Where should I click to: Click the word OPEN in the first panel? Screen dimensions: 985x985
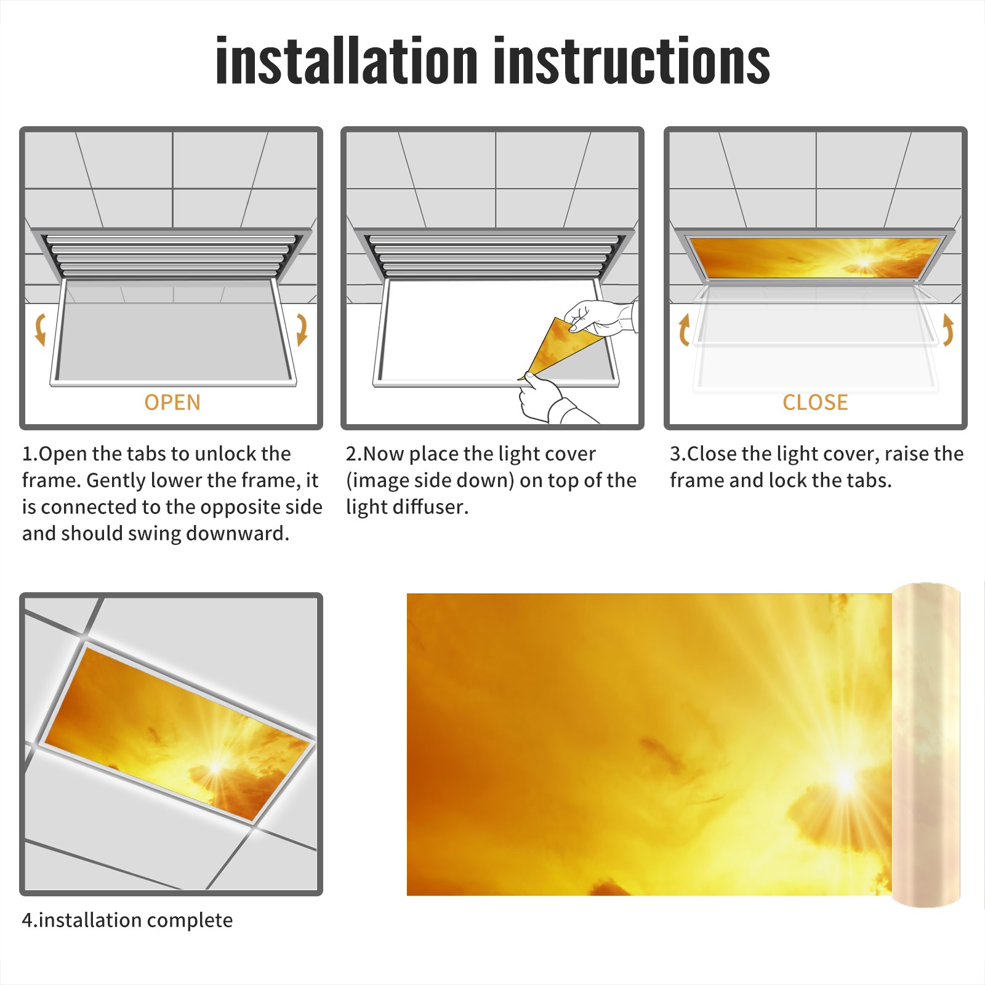(172, 403)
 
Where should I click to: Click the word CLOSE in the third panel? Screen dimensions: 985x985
(815, 403)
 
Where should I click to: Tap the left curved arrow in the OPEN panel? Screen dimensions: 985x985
(41, 329)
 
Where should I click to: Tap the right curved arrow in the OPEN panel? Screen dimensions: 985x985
(302, 329)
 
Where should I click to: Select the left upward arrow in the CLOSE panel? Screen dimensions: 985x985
(683, 330)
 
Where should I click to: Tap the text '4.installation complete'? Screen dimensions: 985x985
(127, 920)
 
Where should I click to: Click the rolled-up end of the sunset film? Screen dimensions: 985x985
(926, 745)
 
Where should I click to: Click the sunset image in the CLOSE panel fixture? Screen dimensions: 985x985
(815, 257)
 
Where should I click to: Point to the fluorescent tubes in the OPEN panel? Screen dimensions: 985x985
(172, 255)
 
